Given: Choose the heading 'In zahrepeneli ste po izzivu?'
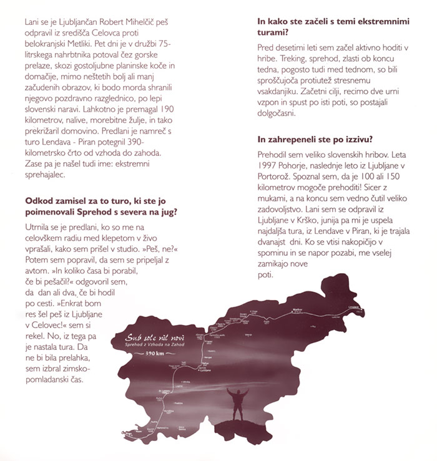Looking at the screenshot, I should click(323, 140).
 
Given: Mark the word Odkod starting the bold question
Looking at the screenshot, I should click(39, 201).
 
